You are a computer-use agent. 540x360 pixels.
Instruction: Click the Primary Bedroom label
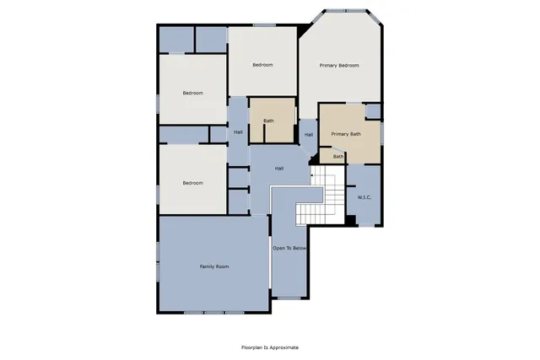click(x=339, y=65)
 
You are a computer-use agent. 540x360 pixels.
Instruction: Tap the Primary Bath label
click(x=345, y=134)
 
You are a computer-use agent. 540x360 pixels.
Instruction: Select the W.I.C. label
click(x=364, y=197)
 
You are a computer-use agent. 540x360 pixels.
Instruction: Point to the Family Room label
click(x=214, y=266)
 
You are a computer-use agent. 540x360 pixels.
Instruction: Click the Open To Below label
click(x=289, y=249)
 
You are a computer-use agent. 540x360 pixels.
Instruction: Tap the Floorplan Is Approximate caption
click(x=270, y=347)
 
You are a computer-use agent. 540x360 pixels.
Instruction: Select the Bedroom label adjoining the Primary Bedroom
click(x=262, y=65)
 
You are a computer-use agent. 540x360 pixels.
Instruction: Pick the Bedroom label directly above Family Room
click(x=193, y=183)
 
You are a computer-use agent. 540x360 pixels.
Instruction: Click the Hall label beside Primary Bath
click(x=308, y=135)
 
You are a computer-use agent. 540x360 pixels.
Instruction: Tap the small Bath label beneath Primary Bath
click(x=337, y=156)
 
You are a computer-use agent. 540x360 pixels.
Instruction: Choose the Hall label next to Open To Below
click(x=278, y=169)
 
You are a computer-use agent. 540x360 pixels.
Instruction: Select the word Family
click(x=208, y=266)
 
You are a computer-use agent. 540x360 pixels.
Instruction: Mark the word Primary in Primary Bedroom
click(x=327, y=65)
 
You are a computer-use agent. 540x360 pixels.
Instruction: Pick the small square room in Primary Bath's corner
click(x=373, y=110)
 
